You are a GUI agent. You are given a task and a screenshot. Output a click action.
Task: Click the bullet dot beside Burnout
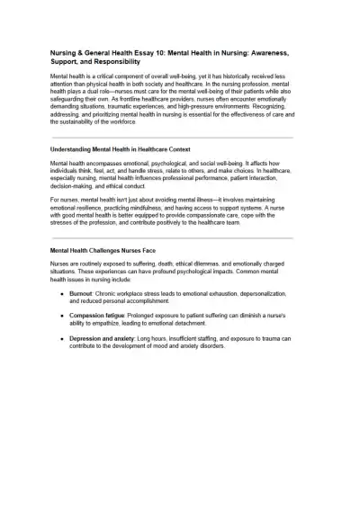pyautogui.click(x=62, y=293)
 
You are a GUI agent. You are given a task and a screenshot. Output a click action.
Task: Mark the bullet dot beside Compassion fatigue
pyautogui.click(x=62, y=315)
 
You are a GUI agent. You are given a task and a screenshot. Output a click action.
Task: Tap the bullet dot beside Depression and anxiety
pyautogui.click(x=62, y=337)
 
